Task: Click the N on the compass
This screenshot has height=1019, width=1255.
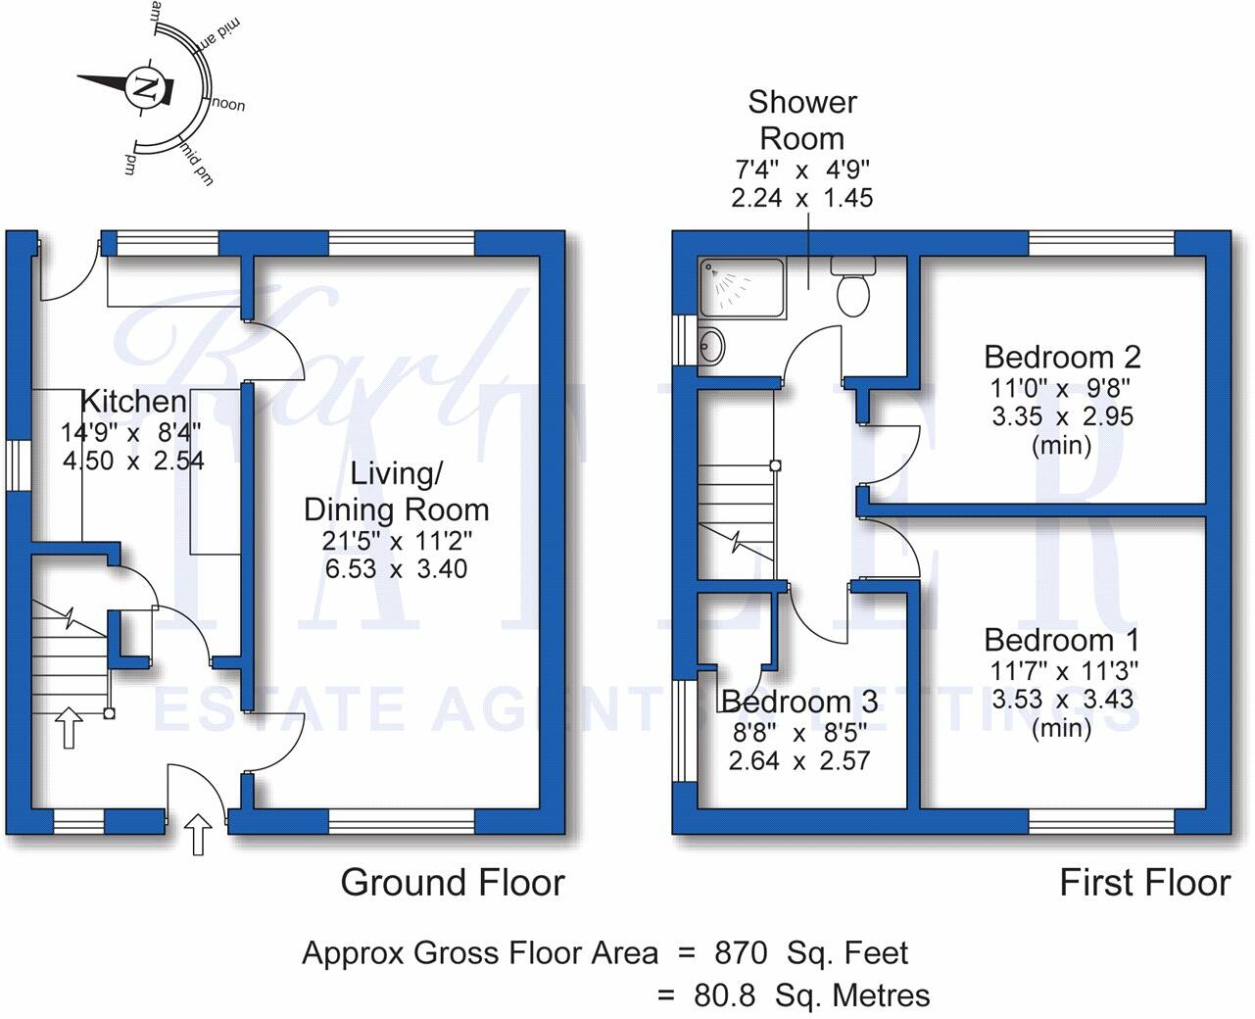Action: click(146, 87)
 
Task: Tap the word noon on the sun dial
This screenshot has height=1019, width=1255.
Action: click(228, 105)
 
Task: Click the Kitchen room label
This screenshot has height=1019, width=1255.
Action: click(133, 401)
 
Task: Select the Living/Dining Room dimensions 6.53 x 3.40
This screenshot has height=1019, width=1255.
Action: click(396, 568)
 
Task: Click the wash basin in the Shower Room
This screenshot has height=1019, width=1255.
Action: click(712, 345)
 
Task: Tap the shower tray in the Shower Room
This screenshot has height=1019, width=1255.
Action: click(742, 287)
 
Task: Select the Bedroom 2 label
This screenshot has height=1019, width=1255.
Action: click(1062, 357)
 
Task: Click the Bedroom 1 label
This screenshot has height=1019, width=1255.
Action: click(1062, 640)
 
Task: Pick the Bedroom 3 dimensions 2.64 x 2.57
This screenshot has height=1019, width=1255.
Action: click(798, 760)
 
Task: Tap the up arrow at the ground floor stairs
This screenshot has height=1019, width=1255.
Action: click(68, 728)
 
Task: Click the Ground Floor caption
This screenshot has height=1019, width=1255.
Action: click(453, 883)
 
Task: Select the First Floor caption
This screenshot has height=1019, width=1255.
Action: click(1144, 883)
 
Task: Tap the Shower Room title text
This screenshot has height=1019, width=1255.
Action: click(802, 120)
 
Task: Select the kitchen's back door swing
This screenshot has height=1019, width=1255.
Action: click(64, 274)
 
